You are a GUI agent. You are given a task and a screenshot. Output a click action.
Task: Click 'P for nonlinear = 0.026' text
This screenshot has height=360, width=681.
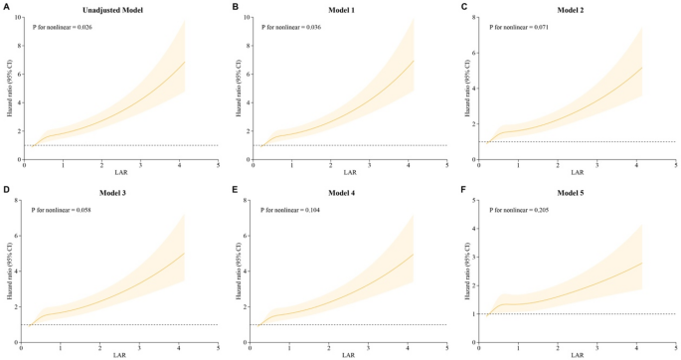click(x=66, y=28)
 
